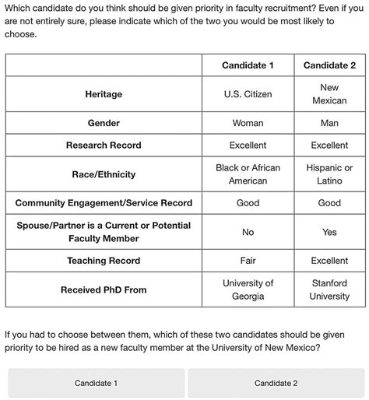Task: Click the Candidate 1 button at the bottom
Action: click(96, 383)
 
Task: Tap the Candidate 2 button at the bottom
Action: click(276, 383)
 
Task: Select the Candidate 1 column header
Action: click(248, 65)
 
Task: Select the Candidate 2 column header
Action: click(329, 65)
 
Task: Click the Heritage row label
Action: click(104, 94)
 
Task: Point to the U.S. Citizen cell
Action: click(248, 94)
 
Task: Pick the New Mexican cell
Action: click(329, 94)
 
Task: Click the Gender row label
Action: click(104, 123)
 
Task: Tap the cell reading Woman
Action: click(248, 123)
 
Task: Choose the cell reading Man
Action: click(329, 123)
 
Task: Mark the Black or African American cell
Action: click(248, 174)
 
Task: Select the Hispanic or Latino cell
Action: click(329, 174)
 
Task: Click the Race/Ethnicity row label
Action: click(104, 174)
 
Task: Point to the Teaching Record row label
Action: click(104, 261)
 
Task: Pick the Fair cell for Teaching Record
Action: click(248, 261)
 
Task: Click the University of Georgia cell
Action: click(248, 289)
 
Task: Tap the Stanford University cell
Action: click(329, 289)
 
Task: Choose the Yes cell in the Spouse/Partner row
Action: click(329, 232)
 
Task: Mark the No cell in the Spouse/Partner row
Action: click(248, 232)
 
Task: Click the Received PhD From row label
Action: click(104, 289)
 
